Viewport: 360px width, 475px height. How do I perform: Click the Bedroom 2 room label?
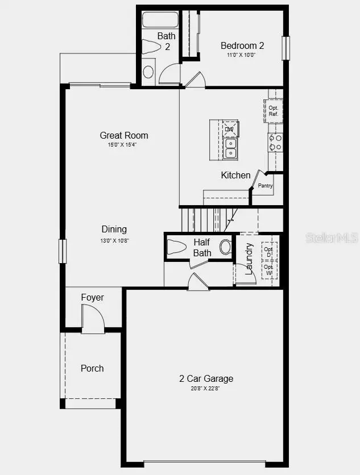pos(242,45)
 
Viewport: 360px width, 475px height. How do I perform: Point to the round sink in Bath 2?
pos(148,72)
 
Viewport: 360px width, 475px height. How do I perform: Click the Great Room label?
pos(124,135)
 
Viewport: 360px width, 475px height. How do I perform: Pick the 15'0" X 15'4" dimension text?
pos(122,145)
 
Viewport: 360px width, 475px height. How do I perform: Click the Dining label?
pos(114,229)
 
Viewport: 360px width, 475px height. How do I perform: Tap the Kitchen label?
pos(235,175)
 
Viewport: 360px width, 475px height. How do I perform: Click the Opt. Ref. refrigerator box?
pos(274,110)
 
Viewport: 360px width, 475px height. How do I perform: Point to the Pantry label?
pos(265,186)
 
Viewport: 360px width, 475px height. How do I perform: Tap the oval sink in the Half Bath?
pos(226,247)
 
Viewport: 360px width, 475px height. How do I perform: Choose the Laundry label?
pos(249,259)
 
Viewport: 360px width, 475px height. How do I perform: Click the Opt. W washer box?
pos(269,270)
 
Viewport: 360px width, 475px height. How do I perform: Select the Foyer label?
pos(92,297)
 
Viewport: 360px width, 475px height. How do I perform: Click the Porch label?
pos(92,368)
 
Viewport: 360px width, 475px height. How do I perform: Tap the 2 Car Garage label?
pos(206,378)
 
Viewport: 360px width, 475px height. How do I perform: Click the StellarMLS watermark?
pos(332,238)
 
